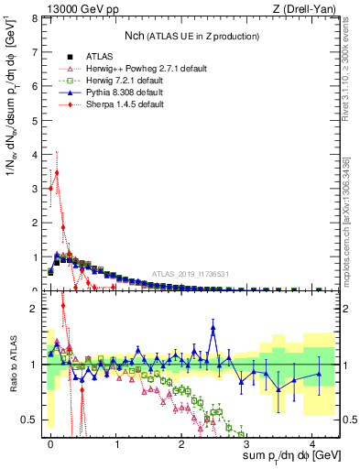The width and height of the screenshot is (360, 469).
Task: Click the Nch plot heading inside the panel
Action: pos(191,36)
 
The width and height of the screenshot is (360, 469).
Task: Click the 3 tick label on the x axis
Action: pos(246,442)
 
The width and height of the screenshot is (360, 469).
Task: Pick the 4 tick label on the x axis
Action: pos(311,442)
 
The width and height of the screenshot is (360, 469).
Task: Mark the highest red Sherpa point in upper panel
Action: pos(57,172)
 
